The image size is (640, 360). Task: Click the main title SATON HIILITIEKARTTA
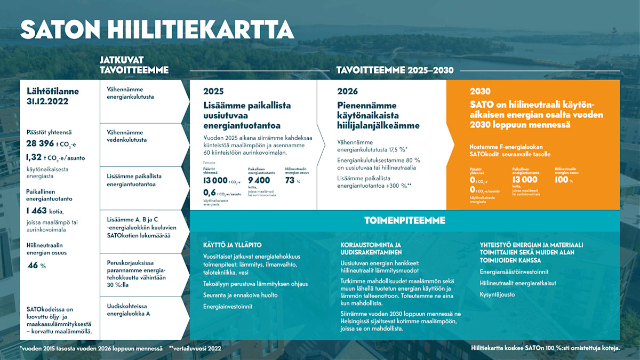click(x=157, y=30)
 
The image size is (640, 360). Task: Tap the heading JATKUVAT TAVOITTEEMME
click(x=134, y=65)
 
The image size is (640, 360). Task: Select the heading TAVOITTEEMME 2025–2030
click(x=395, y=70)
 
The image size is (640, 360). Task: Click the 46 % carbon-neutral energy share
click(x=33, y=265)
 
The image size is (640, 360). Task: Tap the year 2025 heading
click(x=213, y=91)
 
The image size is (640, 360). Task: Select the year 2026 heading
click(x=347, y=91)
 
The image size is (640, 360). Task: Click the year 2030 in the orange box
click(x=480, y=91)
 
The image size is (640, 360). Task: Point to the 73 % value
click(x=291, y=180)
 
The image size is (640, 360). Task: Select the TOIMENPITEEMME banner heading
click(x=405, y=220)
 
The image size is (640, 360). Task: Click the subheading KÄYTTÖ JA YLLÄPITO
click(x=232, y=245)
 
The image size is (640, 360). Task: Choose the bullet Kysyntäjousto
click(x=498, y=294)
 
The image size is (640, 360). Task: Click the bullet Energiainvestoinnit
click(x=228, y=307)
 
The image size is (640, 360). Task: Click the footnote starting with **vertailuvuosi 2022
click(x=195, y=348)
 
